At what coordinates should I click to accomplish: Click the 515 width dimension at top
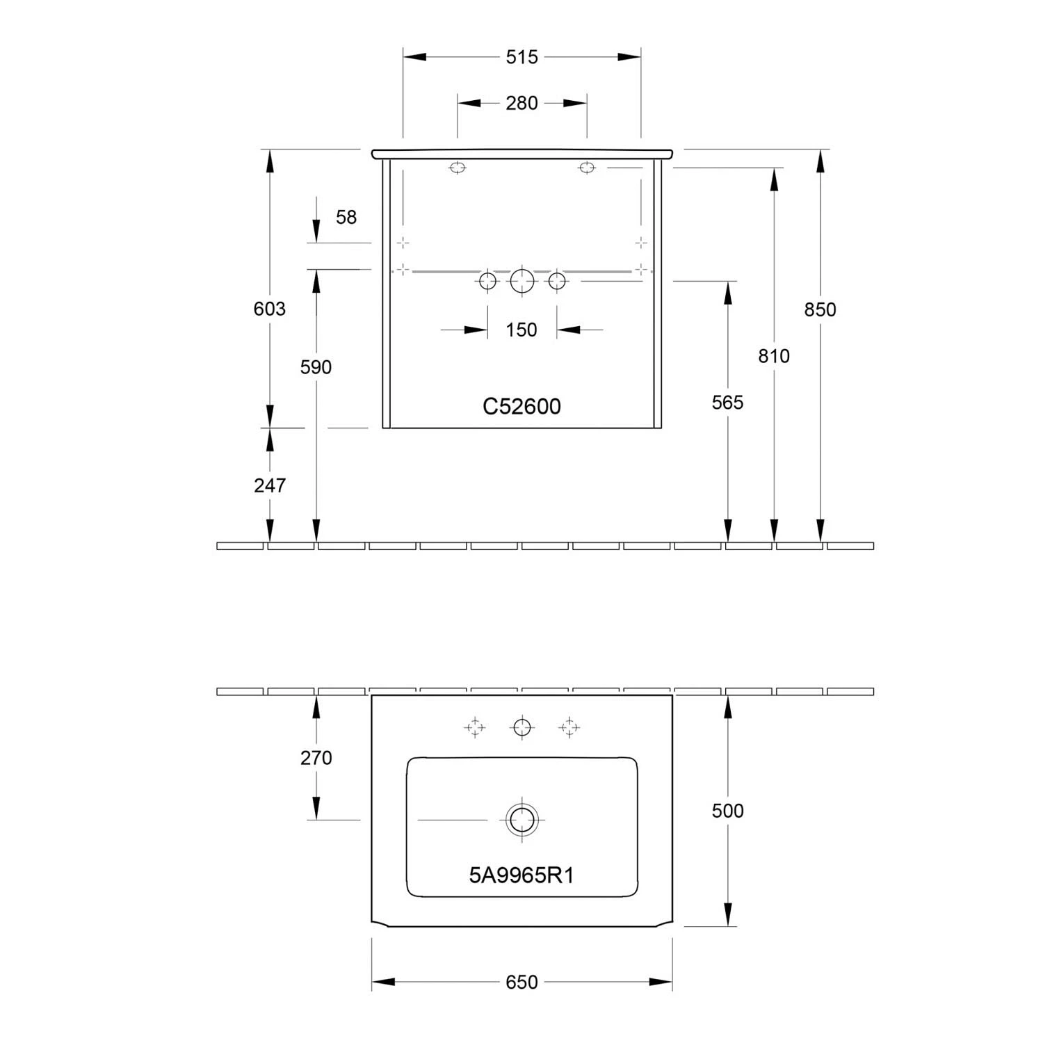pos(521,57)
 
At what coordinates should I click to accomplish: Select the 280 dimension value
pos(521,103)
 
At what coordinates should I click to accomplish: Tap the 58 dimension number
pos(346,217)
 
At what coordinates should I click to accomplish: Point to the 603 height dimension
pos(270,308)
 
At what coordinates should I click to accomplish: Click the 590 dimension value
pos(316,367)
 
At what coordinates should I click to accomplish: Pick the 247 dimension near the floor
pos(270,485)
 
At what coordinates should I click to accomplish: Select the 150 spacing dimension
pos(521,330)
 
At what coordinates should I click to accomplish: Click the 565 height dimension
pos(727,403)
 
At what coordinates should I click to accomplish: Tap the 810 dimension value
pos(774,356)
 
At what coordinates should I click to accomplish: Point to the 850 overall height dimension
pos(820,309)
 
